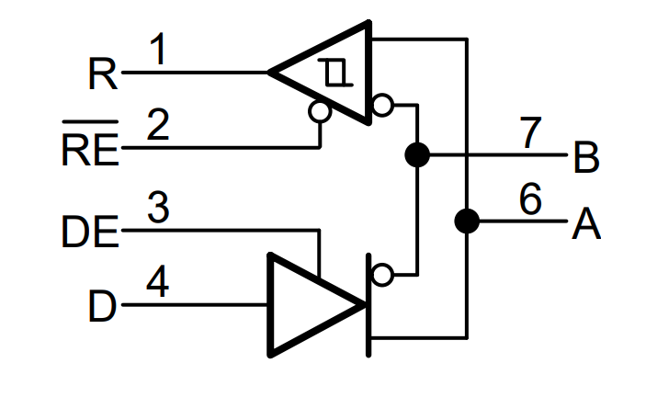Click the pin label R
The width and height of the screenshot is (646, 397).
[x=103, y=74]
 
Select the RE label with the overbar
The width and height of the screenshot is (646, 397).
[x=90, y=143]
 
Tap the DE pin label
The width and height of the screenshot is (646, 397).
[x=90, y=232]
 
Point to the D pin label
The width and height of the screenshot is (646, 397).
[x=102, y=306]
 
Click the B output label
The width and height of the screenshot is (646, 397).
[x=586, y=157]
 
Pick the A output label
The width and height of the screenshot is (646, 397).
[x=586, y=223]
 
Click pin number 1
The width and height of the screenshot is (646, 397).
[x=159, y=49]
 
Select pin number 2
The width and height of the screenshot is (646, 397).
[x=158, y=124]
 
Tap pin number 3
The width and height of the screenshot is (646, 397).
[x=158, y=207]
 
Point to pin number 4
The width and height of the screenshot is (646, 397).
[x=158, y=281]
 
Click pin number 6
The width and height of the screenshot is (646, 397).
[x=530, y=198]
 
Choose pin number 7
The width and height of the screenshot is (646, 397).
[x=530, y=132]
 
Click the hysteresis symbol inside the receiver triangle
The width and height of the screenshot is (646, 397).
[x=335, y=73]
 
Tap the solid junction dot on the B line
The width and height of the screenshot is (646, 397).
[x=417, y=154]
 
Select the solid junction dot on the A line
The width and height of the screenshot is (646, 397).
[x=467, y=221]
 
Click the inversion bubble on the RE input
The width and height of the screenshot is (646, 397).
[x=320, y=111]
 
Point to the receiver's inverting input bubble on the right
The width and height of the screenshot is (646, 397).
[x=382, y=105]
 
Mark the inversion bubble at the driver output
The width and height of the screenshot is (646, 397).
[x=382, y=275]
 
